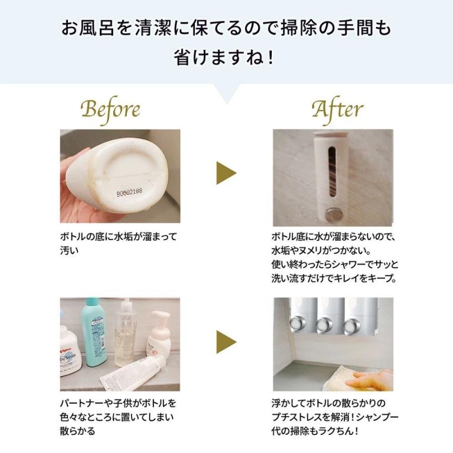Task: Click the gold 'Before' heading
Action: [x=110, y=109]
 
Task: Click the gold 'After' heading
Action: [x=337, y=109]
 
